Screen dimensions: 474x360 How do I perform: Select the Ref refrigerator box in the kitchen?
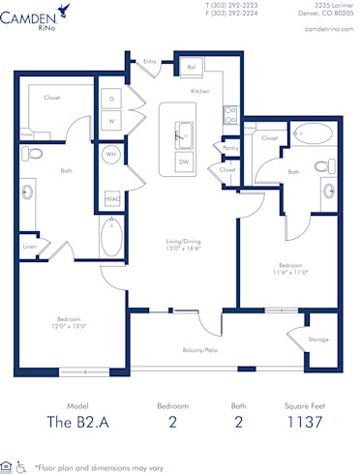(x=192, y=68)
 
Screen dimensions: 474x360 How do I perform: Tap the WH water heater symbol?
(x=111, y=155)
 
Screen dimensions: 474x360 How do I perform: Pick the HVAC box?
(x=112, y=199)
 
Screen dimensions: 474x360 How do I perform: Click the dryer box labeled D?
(x=111, y=100)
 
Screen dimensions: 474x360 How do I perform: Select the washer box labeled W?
(x=111, y=121)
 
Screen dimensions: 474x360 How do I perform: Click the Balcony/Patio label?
(x=198, y=350)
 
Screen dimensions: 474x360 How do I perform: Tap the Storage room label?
(x=317, y=340)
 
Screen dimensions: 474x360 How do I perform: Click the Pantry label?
(x=230, y=148)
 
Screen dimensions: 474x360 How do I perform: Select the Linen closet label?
(x=31, y=247)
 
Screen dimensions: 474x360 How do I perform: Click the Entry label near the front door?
(x=150, y=61)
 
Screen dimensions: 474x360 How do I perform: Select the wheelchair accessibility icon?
(x=20, y=466)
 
